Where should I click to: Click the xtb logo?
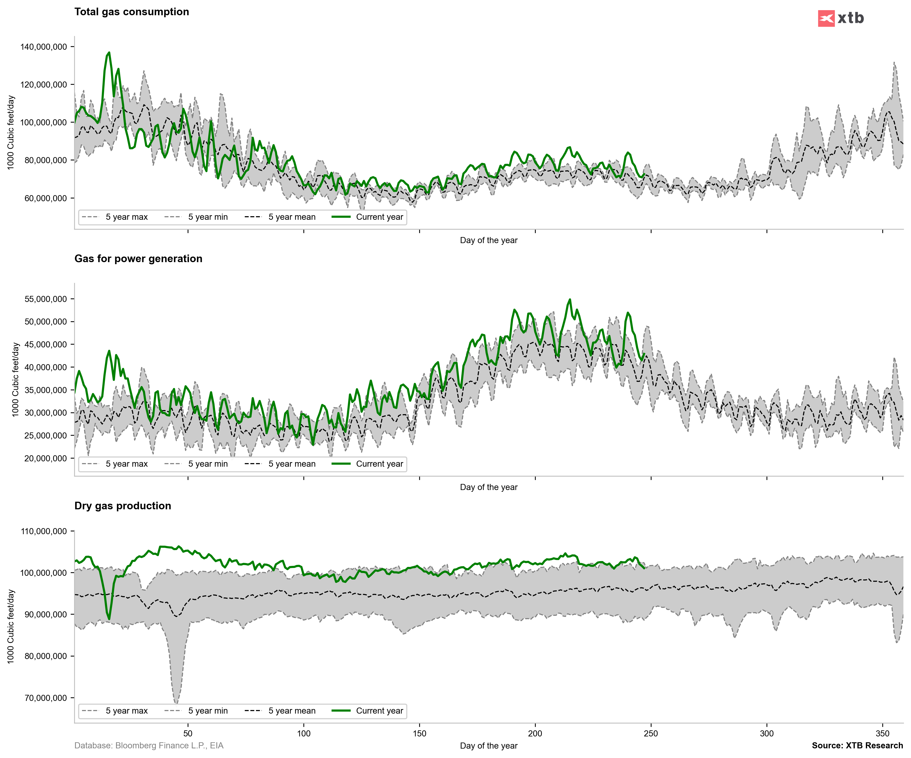click(x=840, y=18)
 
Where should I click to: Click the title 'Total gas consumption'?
click(x=132, y=12)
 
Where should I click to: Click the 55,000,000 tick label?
click(x=45, y=299)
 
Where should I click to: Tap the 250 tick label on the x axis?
click(x=651, y=733)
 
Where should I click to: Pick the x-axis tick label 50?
click(x=188, y=733)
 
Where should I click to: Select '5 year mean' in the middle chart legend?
click(x=291, y=464)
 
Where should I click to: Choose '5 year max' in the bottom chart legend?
click(x=126, y=711)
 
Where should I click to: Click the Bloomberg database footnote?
click(x=149, y=745)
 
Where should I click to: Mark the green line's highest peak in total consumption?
click(x=109, y=53)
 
